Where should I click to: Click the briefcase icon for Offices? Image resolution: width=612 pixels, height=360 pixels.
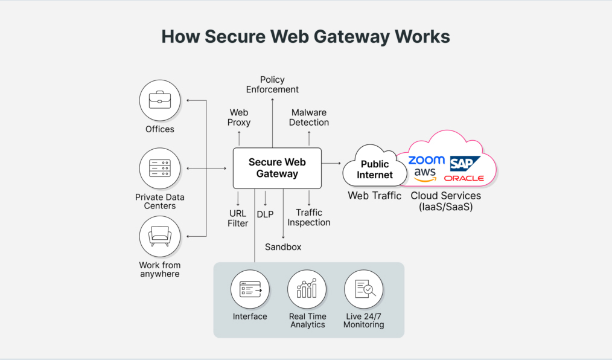click(159, 100)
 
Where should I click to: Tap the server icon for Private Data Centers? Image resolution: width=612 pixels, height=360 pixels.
click(159, 168)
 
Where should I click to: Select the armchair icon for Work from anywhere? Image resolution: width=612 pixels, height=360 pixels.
click(159, 236)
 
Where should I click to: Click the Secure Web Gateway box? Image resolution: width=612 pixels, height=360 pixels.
click(277, 168)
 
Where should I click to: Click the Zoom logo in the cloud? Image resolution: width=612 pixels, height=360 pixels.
click(426, 161)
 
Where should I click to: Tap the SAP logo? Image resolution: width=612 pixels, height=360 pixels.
click(465, 163)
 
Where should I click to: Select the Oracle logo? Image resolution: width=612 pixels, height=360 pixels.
click(464, 178)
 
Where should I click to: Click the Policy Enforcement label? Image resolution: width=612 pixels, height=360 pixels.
click(272, 85)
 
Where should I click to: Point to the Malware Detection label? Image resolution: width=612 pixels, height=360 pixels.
click(309, 117)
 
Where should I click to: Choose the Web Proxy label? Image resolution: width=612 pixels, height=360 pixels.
click(239, 117)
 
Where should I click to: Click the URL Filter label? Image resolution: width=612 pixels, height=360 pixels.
click(238, 218)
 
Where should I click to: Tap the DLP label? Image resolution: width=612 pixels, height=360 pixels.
click(265, 214)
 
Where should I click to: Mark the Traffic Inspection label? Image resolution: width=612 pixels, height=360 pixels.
click(309, 217)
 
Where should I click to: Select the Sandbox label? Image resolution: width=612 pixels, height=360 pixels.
click(283, 247)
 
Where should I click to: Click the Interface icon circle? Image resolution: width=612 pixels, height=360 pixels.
click(250, 289)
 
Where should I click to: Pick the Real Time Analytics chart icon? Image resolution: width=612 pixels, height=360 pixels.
click(307, 289)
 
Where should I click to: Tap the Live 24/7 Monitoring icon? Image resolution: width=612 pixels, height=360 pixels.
click(363, 289)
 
